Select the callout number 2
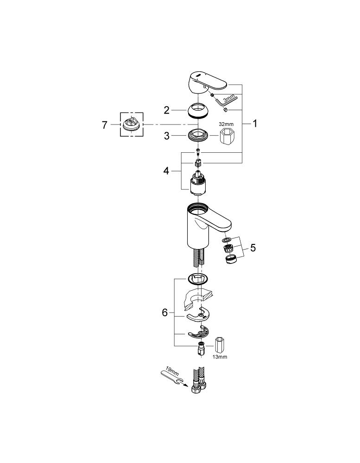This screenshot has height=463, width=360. pyautogui.click(x=166, y=110)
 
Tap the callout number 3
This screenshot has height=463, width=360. pyautogui.click(x=166, y=136)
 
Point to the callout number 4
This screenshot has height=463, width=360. pyautogui.click(x=166, y=171)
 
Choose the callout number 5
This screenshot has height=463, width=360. pyautogui.click(x=253, y=248)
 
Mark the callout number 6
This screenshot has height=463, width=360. pyautogui.click(x=164, y=313)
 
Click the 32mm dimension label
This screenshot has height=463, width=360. pyautogui.click(x=226, y=124)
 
